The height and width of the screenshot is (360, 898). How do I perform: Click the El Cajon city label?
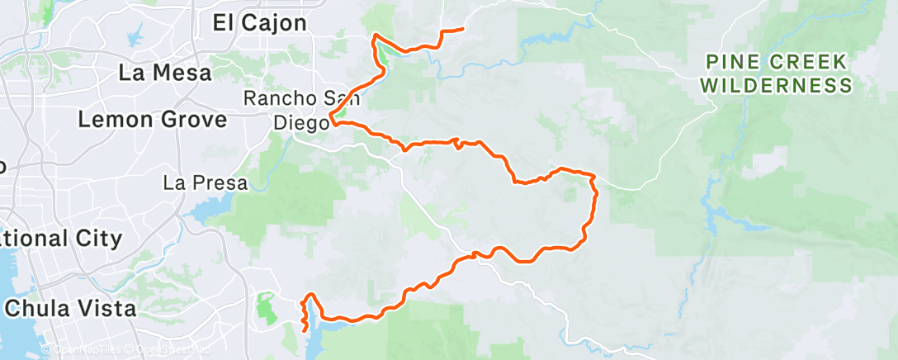tap(259, 22)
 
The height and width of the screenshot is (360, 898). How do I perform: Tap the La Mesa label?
tap(165, 73)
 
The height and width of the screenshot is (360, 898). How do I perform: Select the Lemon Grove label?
tap(152, 120)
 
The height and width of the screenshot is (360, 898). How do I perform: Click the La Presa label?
tap(206, 182)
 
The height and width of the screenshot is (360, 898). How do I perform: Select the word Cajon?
tap(277, 22)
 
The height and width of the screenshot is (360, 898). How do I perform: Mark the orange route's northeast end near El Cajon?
tap(462, 30)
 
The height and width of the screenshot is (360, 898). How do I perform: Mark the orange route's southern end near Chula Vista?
tap(306, 330)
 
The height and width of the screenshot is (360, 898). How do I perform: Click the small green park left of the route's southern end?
tap(266, 308)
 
